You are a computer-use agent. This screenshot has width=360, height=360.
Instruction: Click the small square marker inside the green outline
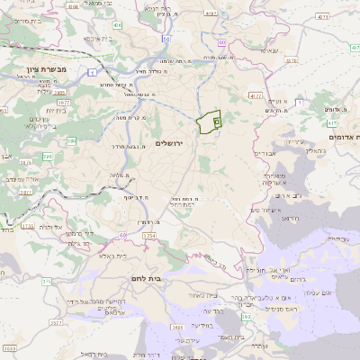(217, 121)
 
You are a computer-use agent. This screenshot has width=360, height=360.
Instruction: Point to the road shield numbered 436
(119, 25)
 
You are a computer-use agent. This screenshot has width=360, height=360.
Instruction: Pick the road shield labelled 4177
(256, 94)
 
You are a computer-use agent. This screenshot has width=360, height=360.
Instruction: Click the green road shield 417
(331, 123)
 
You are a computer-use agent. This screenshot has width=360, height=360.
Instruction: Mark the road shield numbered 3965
(59, 92)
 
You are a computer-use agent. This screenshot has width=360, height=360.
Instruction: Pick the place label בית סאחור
(203, 295)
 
